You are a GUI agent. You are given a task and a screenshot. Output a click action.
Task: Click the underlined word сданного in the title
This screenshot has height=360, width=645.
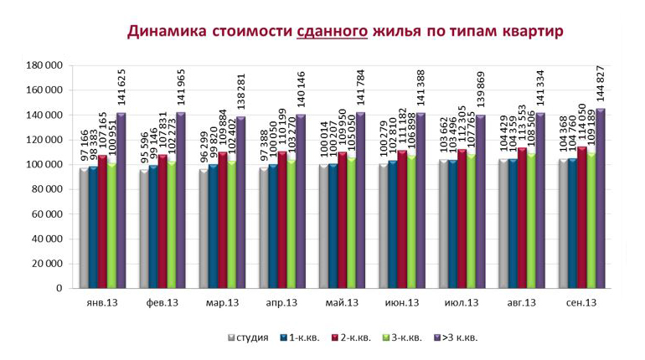point(333,32)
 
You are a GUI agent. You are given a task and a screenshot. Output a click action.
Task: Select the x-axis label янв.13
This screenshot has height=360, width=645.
point(101,302)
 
